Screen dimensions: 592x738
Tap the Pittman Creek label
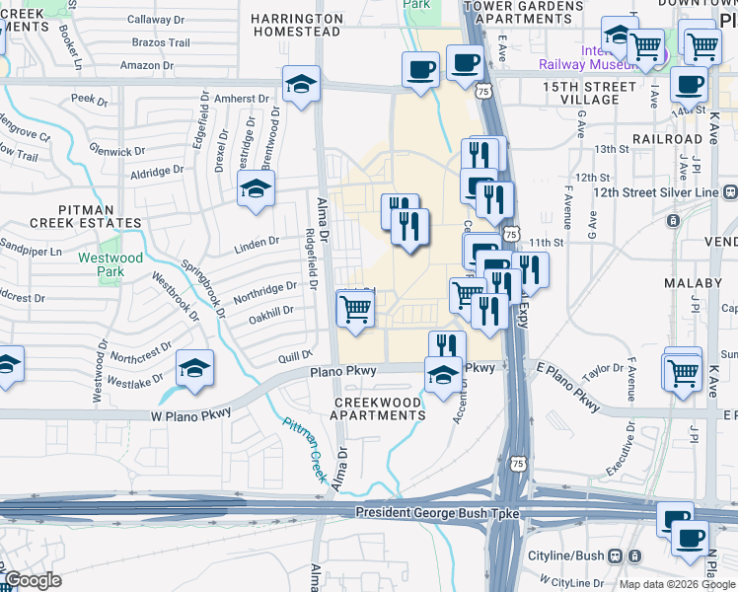pyautogui.click(x=305, y=449)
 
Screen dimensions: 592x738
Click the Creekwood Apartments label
pyautogui.click(x=380, y=408)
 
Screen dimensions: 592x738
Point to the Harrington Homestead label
pyautogui.click(x=296, y=25)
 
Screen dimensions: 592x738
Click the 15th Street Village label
pyautogui.click(x=589, y=93)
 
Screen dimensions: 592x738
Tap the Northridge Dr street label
pyautogui.click(x=264, y=291)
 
